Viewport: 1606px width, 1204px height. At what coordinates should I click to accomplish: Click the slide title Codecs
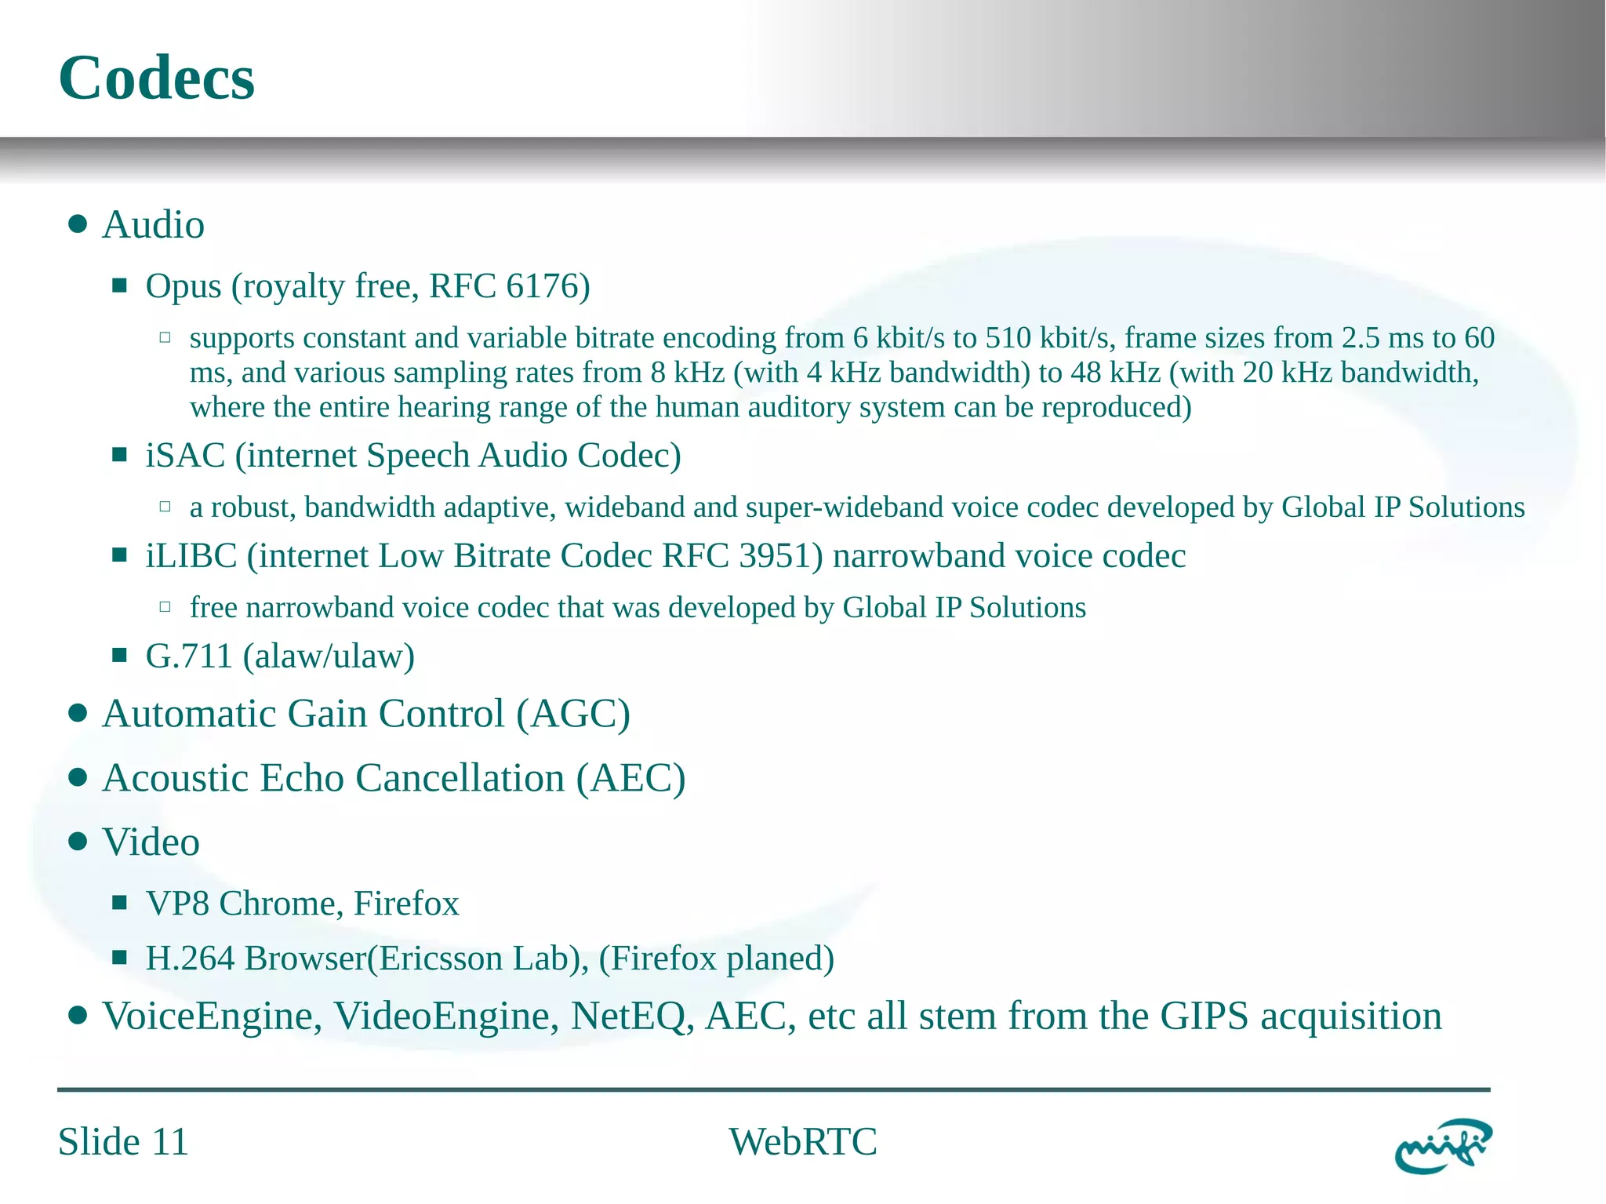click(x=156, y=78)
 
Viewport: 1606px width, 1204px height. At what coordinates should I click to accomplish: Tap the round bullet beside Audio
click(x=77, y=225)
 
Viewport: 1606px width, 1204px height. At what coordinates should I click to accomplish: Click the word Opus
click(x=183, y=287)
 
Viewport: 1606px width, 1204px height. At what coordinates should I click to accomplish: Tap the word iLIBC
click(x=191, y=556)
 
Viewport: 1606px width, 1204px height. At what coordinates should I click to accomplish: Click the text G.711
click(x=189, y=657)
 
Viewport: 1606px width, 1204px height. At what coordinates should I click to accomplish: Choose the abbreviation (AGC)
click(x=573, y=715)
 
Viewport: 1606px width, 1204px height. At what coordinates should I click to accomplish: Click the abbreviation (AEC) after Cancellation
click(x=631, y=779)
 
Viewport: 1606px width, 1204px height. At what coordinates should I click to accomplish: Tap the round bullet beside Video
click(x=77, y=842)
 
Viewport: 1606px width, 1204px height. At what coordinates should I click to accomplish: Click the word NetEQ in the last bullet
click(x=632, y=1017)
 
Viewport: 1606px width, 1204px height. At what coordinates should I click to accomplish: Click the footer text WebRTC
click(x=803, y=1142)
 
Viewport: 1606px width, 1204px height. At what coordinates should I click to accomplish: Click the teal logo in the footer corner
click(x=1443, y=1146)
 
